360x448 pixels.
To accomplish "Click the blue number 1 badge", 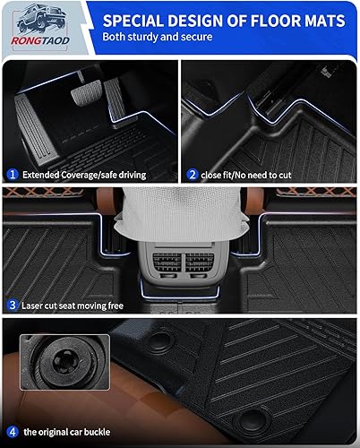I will point(13,174).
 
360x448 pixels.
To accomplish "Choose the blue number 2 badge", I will point(193,174).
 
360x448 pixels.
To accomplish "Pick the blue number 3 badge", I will point(13,306).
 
